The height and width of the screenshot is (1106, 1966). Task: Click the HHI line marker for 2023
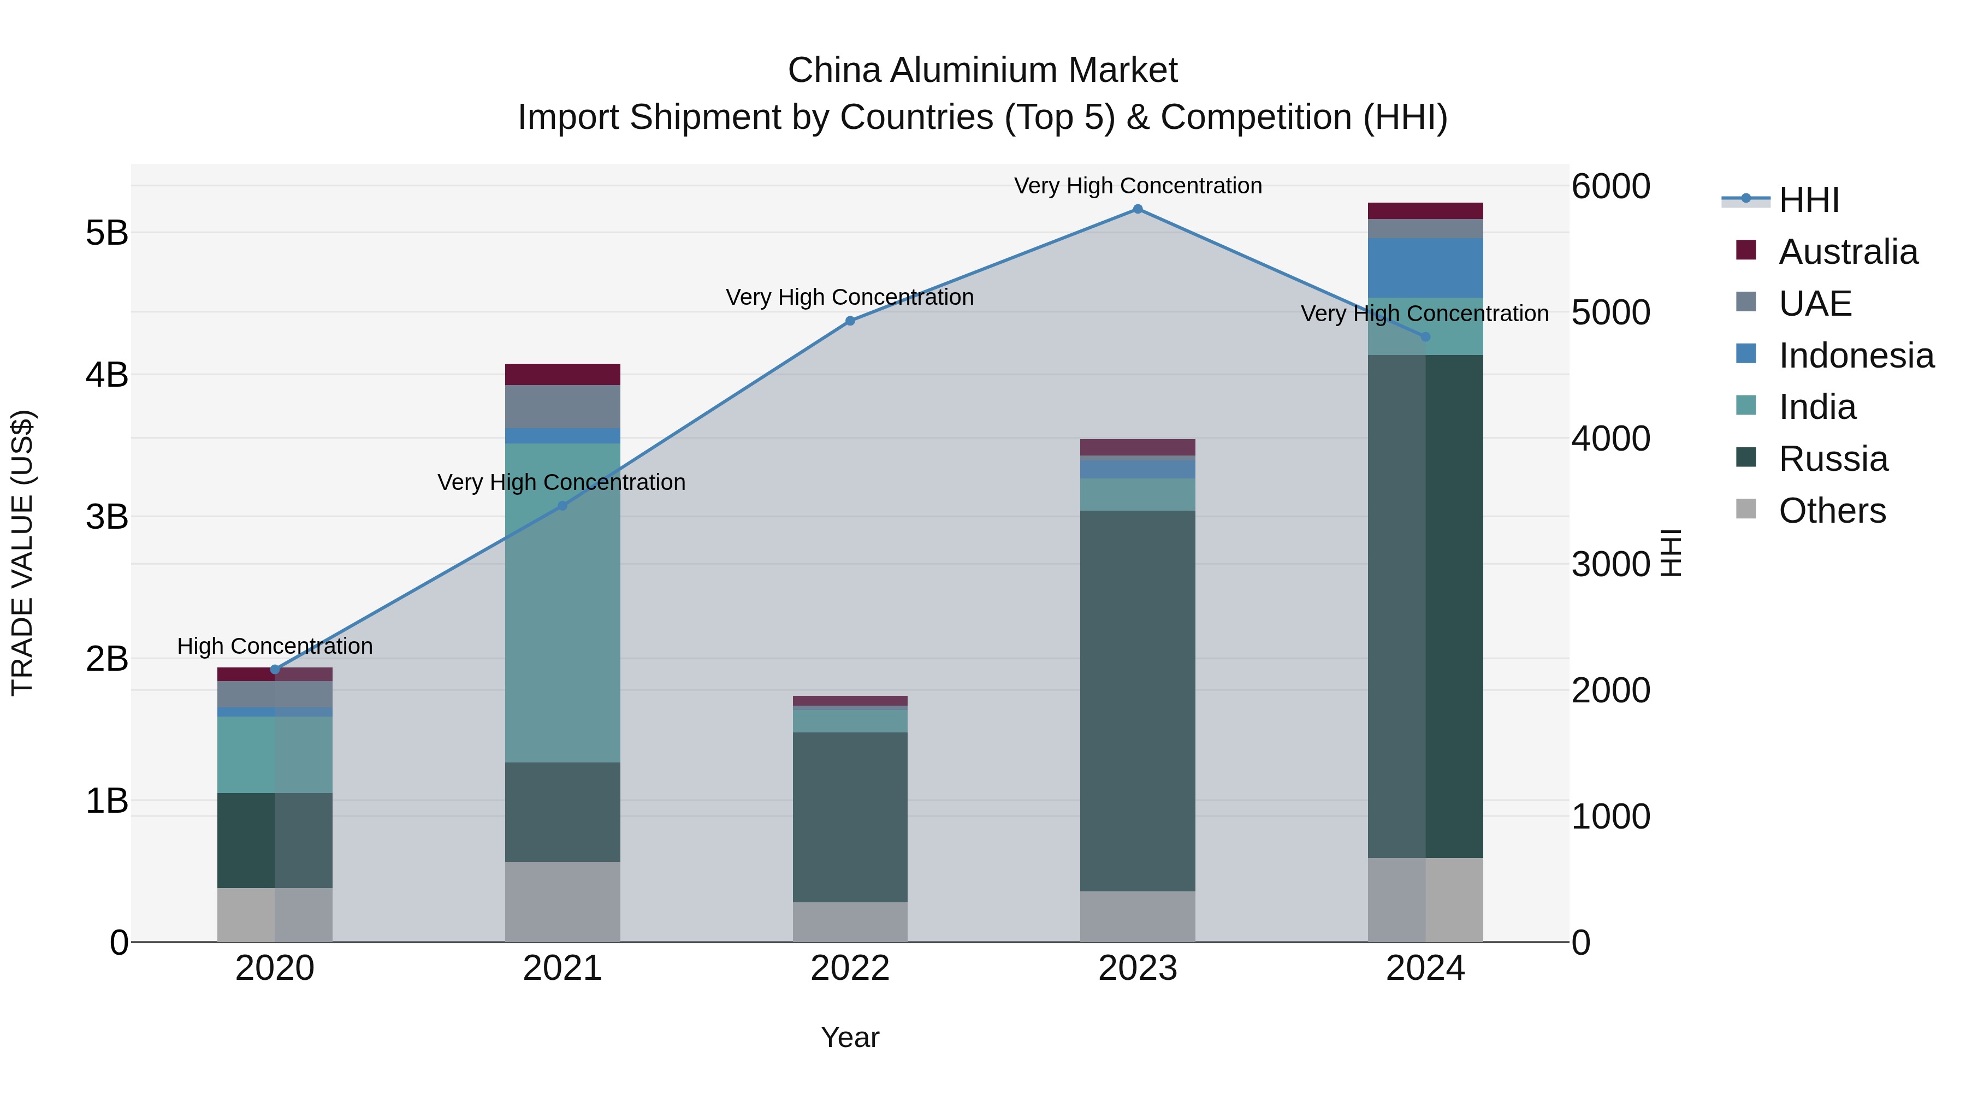point(1137,209)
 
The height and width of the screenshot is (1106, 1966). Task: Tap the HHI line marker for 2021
point(562,505)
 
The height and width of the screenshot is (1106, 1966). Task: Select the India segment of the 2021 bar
point(562,603)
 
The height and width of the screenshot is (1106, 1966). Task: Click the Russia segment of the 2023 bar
point(1137,701)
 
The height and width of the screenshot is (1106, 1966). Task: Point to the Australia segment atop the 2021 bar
point(562,374)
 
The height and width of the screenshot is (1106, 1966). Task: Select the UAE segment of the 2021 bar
point(562,407)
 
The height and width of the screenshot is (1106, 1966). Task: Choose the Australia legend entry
point(1847,252)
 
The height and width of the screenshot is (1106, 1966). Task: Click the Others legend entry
point(1832,511)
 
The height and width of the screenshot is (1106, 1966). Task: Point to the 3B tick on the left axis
point(107,517)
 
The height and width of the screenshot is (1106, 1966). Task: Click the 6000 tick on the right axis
point(1610,186)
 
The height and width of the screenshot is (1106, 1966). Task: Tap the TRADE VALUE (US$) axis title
point(23,553)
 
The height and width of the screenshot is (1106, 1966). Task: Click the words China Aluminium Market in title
point(982,70)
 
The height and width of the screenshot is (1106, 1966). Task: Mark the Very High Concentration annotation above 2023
point(1137,186)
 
